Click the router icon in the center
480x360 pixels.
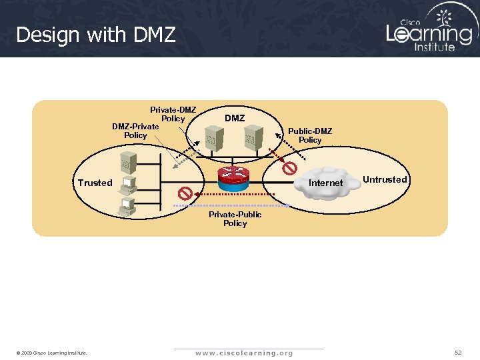pyautogui.click(x=233, y=173)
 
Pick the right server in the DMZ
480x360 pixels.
pyautogui.click(x=251, y=141)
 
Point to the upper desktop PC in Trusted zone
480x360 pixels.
pyautogui.click(x=128, y=183)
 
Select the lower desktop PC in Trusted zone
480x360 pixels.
pyautogui.click(x=127, y=206)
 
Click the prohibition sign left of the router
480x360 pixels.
pyautogui.click(x=185, y=193)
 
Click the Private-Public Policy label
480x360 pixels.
pyautogui.click(x=235, y=219)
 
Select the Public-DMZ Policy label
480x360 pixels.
pyautogui.click(x=310, y=135)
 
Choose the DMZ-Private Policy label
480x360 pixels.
pyautogui.click(x=135, y=131)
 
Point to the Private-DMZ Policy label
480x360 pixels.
pyautogui.click(x=173, y=114)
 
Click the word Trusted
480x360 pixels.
pyautogui.click(x=95, y=183)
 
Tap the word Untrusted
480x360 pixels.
pyautogui.click(x=385, y=179)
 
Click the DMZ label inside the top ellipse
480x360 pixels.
pyautogui.click(x=235, y=118)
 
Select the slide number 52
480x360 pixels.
pyautogui.click(x=458, y=352)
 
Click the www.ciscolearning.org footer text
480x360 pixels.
pyautogui.click(x=244, y=353)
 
